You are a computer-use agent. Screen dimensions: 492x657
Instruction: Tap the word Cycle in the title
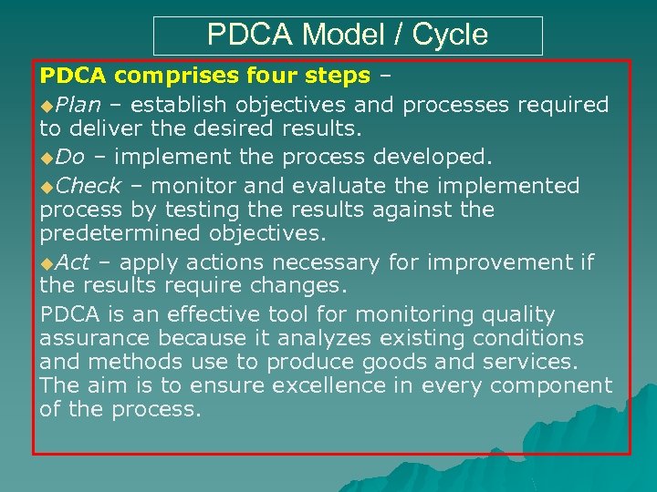click(450, 36)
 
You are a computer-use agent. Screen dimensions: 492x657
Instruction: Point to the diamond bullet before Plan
click(47, 106)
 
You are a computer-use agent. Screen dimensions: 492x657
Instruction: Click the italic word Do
click(69, 156)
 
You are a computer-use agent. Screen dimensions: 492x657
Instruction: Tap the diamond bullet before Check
click(47, 187)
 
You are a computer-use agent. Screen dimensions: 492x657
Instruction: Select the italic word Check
click(88, 186)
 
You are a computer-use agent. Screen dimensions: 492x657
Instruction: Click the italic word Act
click(72, 263)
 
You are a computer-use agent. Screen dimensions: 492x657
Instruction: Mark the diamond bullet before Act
click(47, 264)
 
